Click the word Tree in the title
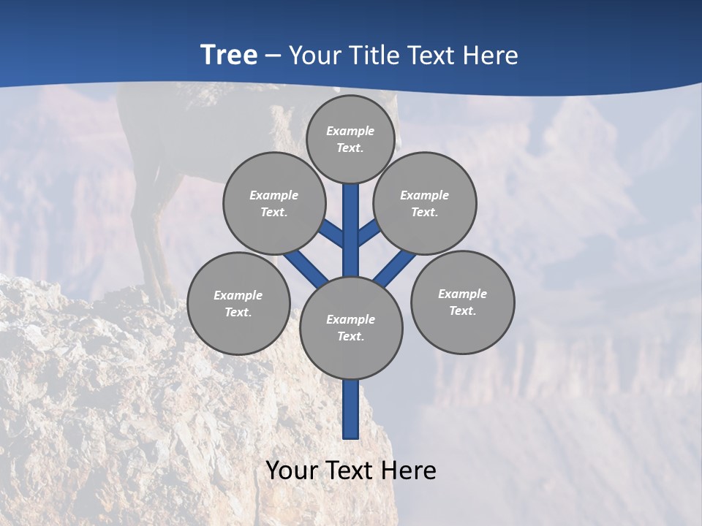(229, 55)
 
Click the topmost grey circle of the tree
(350, 139)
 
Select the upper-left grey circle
(274, 203)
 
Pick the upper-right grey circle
(425, 203)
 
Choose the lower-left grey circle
(238, 303)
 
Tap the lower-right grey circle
(462, 302)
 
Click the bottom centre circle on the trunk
(351, 327)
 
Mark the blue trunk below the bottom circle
(351, 409)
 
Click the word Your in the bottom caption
(291, 470)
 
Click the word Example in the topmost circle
(350, 131)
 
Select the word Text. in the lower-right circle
(462, 310)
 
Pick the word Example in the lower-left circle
(238, 295)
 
